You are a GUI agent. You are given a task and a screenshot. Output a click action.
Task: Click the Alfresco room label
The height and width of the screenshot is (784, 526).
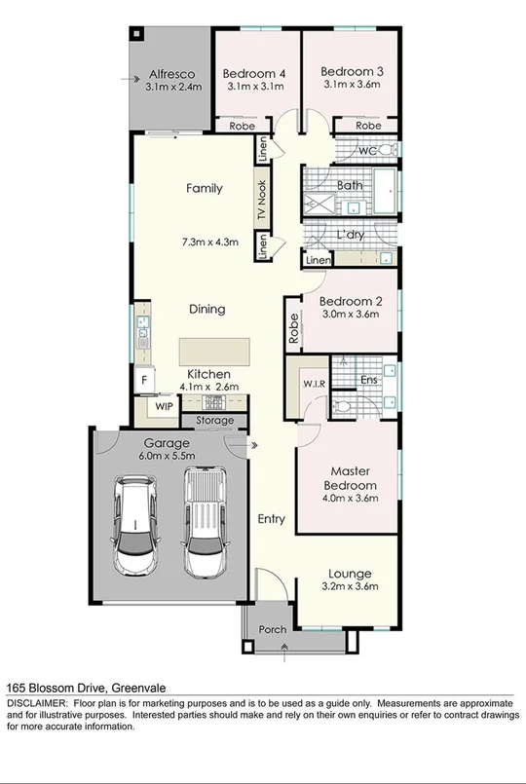click(171, 74)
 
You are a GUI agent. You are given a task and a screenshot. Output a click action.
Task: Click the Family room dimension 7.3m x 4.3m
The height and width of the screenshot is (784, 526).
click(209, 242)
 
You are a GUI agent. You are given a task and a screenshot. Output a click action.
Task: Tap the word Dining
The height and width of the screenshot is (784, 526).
click(207, 309)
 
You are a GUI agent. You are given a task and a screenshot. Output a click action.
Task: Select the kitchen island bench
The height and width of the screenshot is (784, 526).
click(213, 350)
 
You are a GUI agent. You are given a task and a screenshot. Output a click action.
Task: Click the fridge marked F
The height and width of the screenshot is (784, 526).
click(143, 380)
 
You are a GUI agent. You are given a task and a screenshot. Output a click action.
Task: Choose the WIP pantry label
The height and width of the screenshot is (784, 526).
click(162, 405)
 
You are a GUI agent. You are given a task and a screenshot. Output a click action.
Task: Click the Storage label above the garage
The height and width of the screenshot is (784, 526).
click(214, 421)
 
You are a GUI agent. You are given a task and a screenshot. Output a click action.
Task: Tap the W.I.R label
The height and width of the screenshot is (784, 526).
click(313, 383)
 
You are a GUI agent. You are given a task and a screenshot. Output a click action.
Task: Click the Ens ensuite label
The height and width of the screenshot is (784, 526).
click(369, 380)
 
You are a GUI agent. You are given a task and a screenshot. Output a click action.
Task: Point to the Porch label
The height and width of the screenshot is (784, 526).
click(272, 629)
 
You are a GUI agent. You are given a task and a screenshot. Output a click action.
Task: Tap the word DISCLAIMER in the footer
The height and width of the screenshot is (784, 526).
click(37, 703)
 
